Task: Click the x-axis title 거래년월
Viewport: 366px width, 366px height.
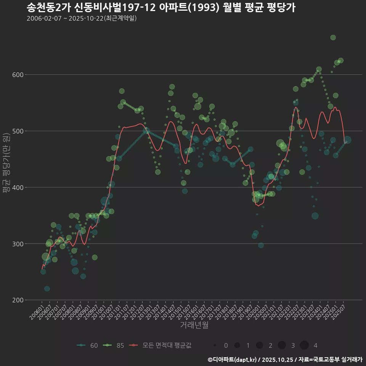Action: point(194,325)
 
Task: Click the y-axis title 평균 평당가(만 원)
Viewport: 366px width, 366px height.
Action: point(6,164)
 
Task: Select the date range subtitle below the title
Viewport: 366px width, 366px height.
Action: point(82,18)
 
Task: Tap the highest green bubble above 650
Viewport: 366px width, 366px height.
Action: point(333,37)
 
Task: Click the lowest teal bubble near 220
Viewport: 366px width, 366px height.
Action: point(47,289)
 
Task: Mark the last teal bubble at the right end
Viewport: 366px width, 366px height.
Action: point(347,140)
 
